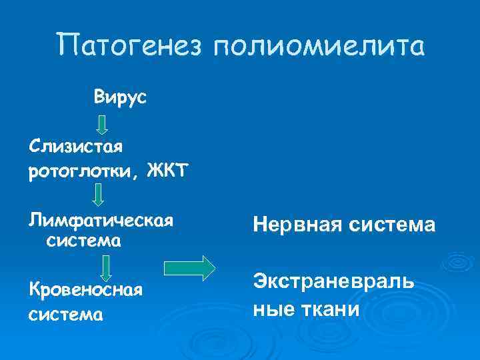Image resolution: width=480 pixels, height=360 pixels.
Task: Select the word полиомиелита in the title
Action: point(318,47)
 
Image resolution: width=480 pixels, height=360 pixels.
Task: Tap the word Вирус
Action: point(121,97)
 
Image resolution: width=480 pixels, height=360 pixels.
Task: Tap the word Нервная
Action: point(290,227)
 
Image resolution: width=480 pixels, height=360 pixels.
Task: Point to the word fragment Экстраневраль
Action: point(333,282)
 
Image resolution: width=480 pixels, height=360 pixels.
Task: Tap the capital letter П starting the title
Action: point(70,46)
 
